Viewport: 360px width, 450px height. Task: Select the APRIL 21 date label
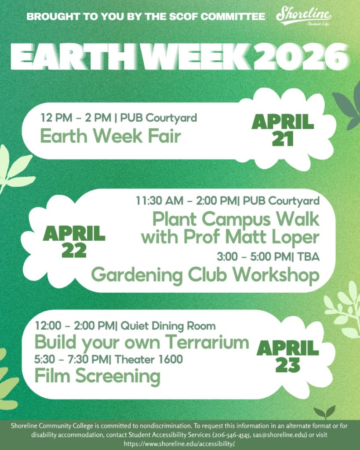click(283, 130)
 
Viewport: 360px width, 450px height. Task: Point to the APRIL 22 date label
click(74, 241)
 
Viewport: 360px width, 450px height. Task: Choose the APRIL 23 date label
click(288, 356)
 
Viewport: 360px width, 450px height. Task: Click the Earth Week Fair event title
click(110, 136)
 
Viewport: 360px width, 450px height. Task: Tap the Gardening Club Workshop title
click(205, 275)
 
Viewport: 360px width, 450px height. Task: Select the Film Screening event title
click(97, 376)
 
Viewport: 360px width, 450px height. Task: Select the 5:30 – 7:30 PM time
click(72, 359)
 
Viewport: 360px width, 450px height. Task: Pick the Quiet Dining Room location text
click(168, 326)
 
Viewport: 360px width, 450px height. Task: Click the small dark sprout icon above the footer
click(324, 413)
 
